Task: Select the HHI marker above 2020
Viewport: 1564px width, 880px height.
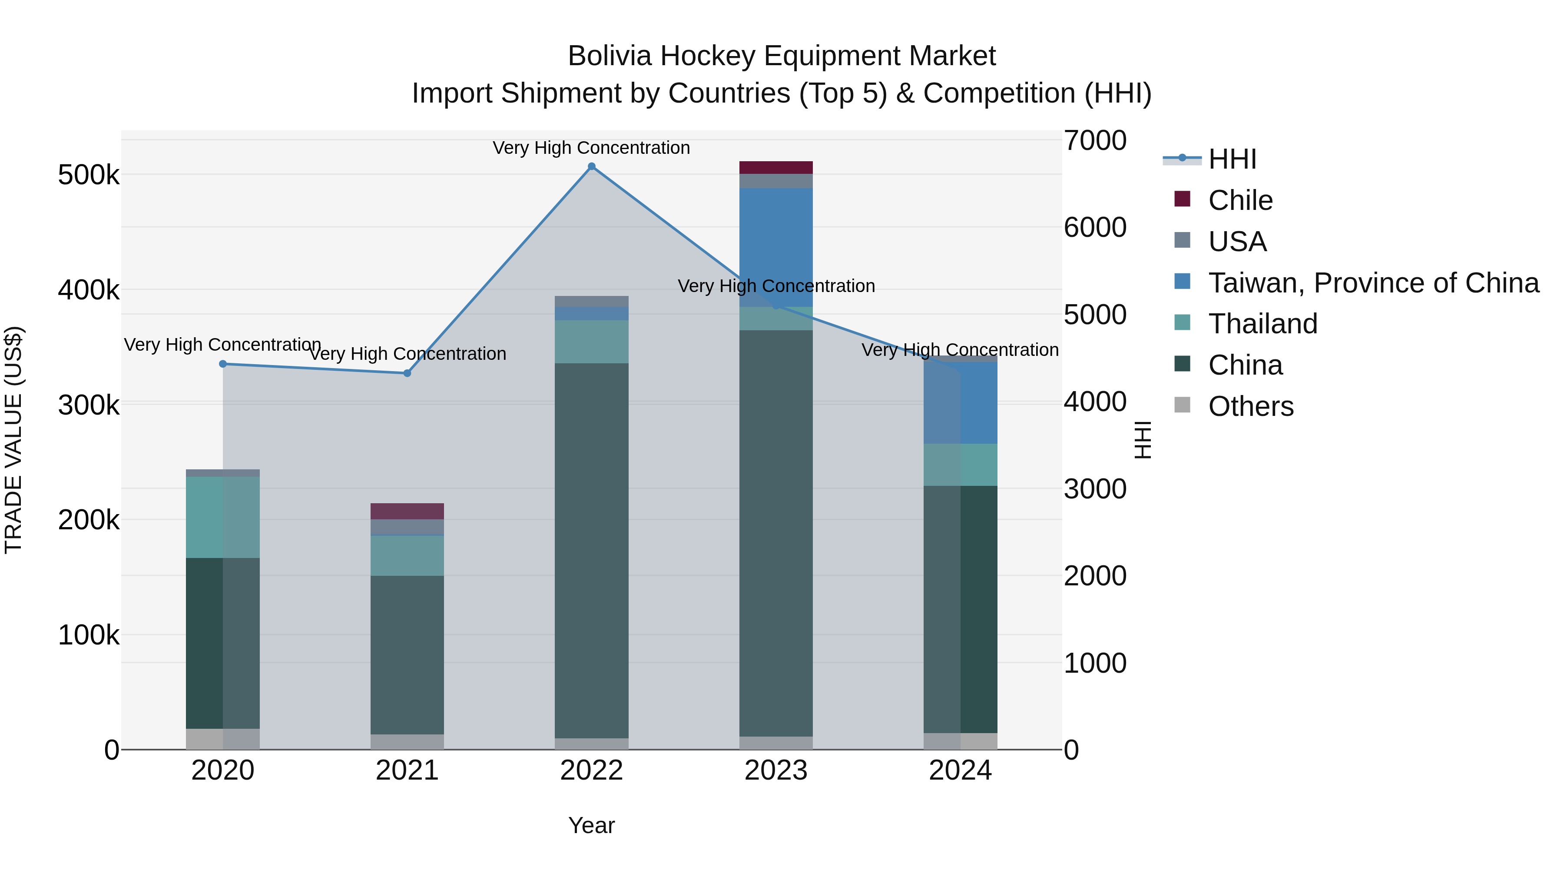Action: [x=223, y=364]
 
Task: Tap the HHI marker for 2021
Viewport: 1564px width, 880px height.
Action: [x=408, y=373]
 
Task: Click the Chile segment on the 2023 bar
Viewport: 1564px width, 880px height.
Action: [x=776, y=168]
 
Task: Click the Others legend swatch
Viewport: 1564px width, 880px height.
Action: [x=1182, y=405]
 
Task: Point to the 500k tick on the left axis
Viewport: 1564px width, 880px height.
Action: [x=89, y=176]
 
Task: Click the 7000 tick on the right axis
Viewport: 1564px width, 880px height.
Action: [x=1095, y=140]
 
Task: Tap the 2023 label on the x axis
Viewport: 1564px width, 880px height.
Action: [x=776, y=770]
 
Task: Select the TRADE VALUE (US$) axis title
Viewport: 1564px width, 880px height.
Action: [x=13, y=440]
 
